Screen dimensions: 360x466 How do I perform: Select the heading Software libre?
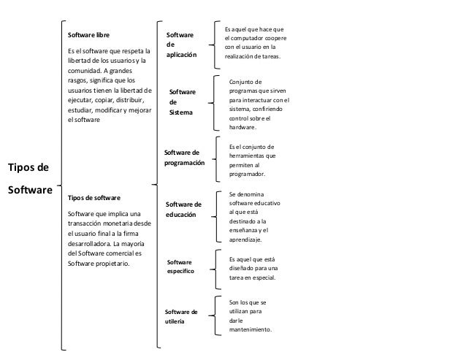click(90, 34)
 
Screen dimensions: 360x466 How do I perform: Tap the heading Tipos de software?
click(94, 198)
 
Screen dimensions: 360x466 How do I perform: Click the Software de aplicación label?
click(180, 45)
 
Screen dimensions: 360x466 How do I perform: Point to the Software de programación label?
click(185, 158)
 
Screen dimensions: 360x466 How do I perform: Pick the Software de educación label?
click(183, 210)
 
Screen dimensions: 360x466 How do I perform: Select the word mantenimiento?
click(250, 329)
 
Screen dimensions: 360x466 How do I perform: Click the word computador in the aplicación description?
click(249, 39)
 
